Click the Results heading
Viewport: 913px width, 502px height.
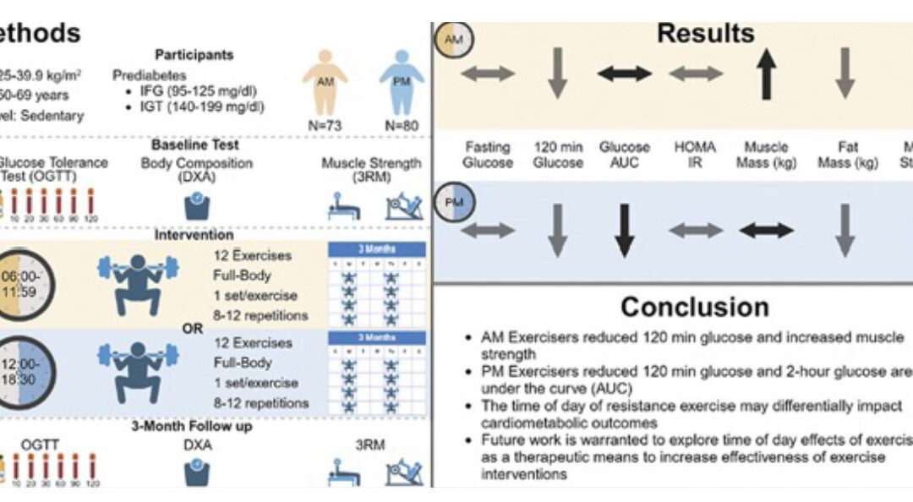[x=705, y=34]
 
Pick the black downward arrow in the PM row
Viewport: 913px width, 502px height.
[x=625, y=230]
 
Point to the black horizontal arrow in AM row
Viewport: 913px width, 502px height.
[x=625, y=74]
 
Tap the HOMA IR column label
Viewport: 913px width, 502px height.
[x=696, y=155]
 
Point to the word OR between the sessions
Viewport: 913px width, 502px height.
[x=193, y=328]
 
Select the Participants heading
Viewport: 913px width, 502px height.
[x=194, y=55]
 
